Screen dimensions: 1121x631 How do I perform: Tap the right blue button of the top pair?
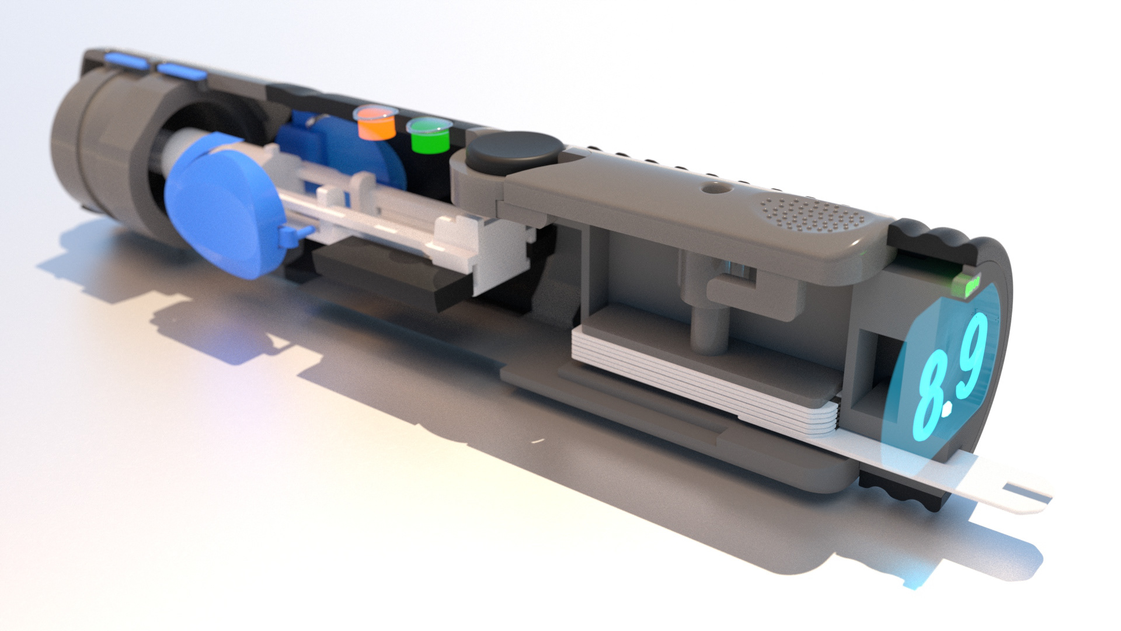click(x=181, y=72)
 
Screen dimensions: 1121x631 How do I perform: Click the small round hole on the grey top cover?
click(x=712, y=188)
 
